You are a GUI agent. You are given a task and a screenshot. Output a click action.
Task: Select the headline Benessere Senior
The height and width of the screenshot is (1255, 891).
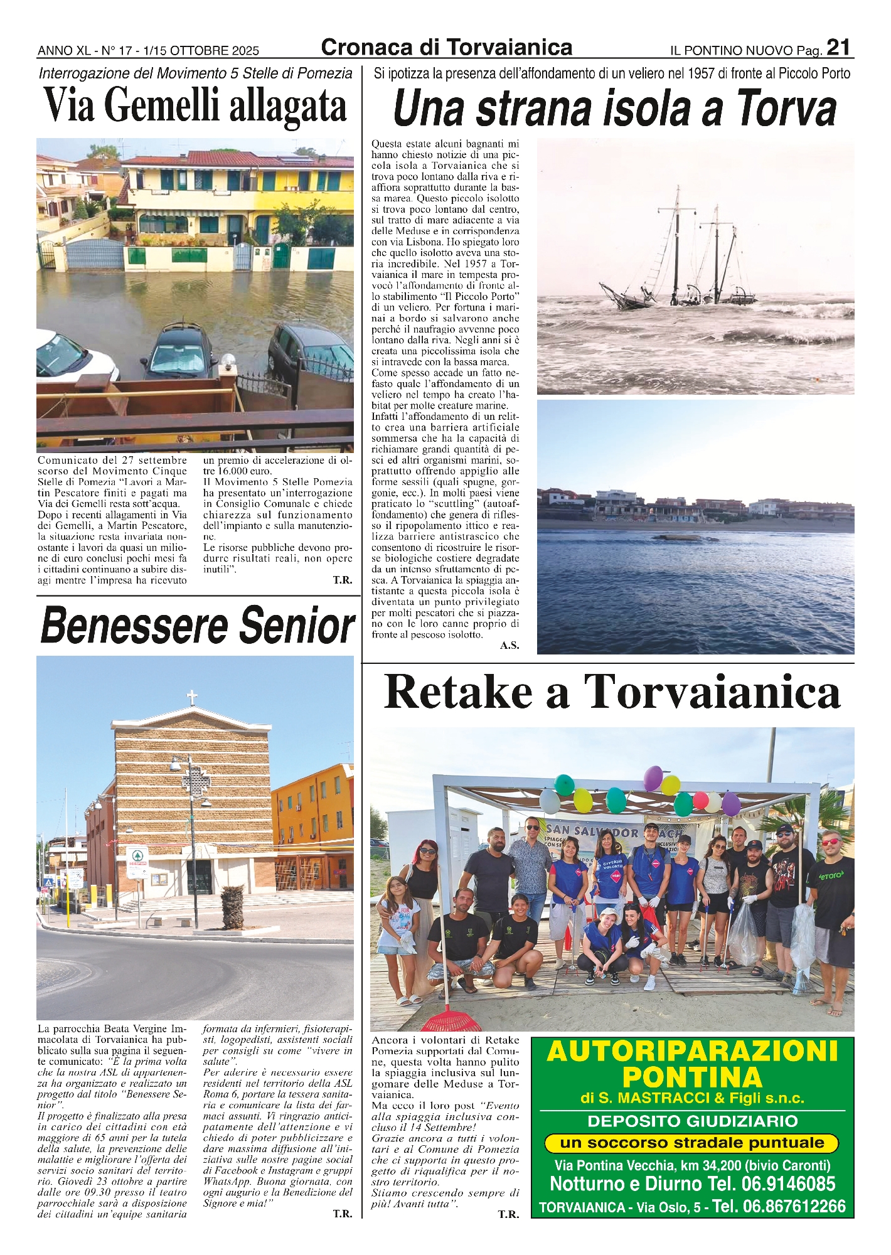point(198,626)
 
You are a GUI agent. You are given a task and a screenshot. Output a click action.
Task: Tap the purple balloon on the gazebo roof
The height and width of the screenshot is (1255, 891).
point(653,778)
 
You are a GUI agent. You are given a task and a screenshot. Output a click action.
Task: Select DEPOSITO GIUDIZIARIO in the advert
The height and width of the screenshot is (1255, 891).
point(692,1121)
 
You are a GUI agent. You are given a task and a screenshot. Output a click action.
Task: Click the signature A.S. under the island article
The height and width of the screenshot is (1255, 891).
point(509,645)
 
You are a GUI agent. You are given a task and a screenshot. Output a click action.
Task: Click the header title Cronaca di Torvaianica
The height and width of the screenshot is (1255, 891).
point(446,48)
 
